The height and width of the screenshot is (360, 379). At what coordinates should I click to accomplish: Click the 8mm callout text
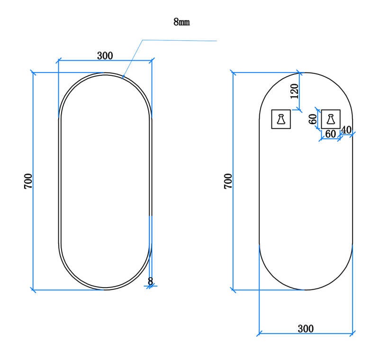point(181,22)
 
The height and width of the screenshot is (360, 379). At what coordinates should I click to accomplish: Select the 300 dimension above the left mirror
point(105,55)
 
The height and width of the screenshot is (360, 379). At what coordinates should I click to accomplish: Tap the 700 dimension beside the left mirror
point(28,181)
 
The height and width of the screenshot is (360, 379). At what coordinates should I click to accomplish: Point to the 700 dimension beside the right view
point(228,181)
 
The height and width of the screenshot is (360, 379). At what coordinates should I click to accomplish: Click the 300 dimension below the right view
point(306,329)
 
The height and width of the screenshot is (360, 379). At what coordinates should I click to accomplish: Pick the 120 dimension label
point(294,91)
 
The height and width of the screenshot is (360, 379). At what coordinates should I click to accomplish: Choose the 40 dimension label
point(346,130)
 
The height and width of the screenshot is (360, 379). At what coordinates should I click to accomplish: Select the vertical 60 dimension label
point(313,119)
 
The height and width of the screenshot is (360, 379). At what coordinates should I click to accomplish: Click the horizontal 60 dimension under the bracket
point(330,134)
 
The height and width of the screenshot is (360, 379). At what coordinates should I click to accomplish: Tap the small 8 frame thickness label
point(150,281)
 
